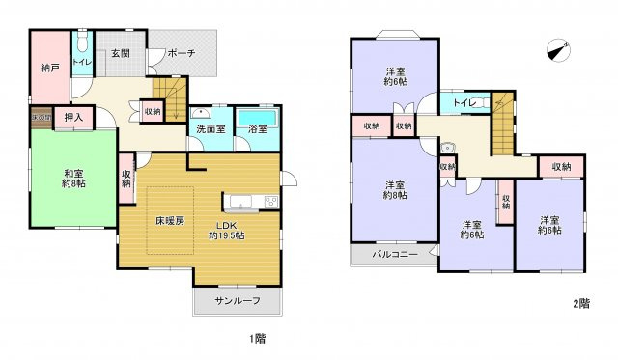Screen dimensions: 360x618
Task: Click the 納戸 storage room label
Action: coord(50,69)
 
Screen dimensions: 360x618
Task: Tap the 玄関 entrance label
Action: coord(120,54)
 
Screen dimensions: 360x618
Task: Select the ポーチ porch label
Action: coord(180,54)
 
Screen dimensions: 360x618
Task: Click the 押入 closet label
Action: coord(72,118)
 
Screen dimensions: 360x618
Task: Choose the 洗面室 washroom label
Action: coord(211,127)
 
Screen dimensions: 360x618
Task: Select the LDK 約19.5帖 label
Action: coord(229,230)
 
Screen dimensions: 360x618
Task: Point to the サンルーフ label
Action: coord(239,301)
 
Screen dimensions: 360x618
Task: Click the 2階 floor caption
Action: coord(581,303)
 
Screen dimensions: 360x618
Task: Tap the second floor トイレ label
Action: coord(463,100)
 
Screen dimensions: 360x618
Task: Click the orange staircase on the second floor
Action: coord(502,122)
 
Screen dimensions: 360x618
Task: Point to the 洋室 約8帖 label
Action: coord(395,190)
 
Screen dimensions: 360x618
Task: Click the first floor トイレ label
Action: coord(82,62)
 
